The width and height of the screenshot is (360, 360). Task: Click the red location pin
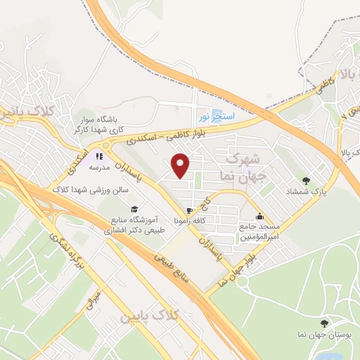pos(181,165)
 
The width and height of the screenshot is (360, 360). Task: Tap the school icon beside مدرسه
pos(98,156)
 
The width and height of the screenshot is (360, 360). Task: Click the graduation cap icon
pos(134,209)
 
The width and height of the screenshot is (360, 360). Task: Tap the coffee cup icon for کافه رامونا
pos(188,211)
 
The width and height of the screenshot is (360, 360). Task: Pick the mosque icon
pos(260,217)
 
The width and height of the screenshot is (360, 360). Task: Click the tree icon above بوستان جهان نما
pos(323,323)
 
